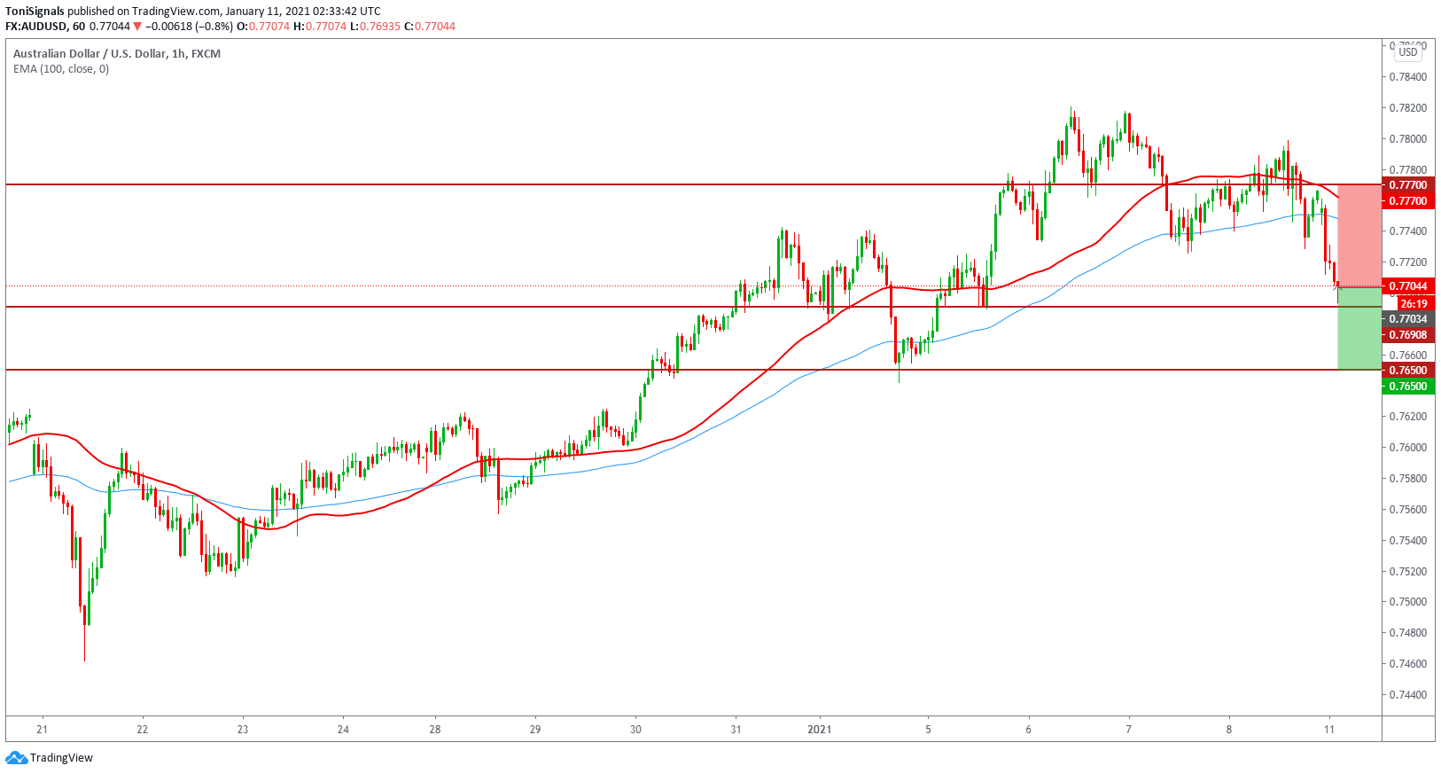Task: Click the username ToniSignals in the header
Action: click(x=35, y=12)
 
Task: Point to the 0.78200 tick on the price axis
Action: click(x=1408, y=108)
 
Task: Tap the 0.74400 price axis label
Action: click(x=1408, y=695)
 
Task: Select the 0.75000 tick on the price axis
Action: click(x=1408, y=602)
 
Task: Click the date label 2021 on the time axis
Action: click(x=820, y=730)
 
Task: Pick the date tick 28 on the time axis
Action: click(x=435, y=730)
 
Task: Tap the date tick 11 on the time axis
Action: click(x=1329, y=730)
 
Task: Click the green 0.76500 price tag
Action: click(x=1407, y=387)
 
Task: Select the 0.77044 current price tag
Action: click(x=1407, y=286)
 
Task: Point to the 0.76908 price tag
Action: click(x=1407, y=335)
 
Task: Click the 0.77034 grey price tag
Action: click(x=1407, y=319)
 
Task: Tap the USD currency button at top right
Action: click(x=1408, y=52)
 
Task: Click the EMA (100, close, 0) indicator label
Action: click(x=61, y=69)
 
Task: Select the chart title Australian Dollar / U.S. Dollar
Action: click(x=90, y=54)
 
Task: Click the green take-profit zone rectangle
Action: click(x=1359, y=328)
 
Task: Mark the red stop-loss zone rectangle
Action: click(x=1359, y=235)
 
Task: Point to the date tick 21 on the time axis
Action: click(x=43, y=730)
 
